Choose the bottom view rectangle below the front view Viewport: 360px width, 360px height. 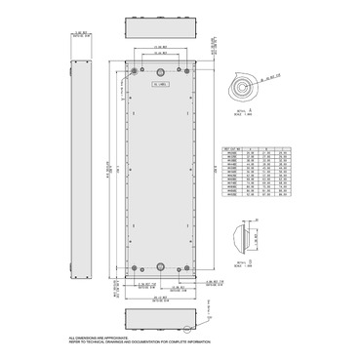162,320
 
